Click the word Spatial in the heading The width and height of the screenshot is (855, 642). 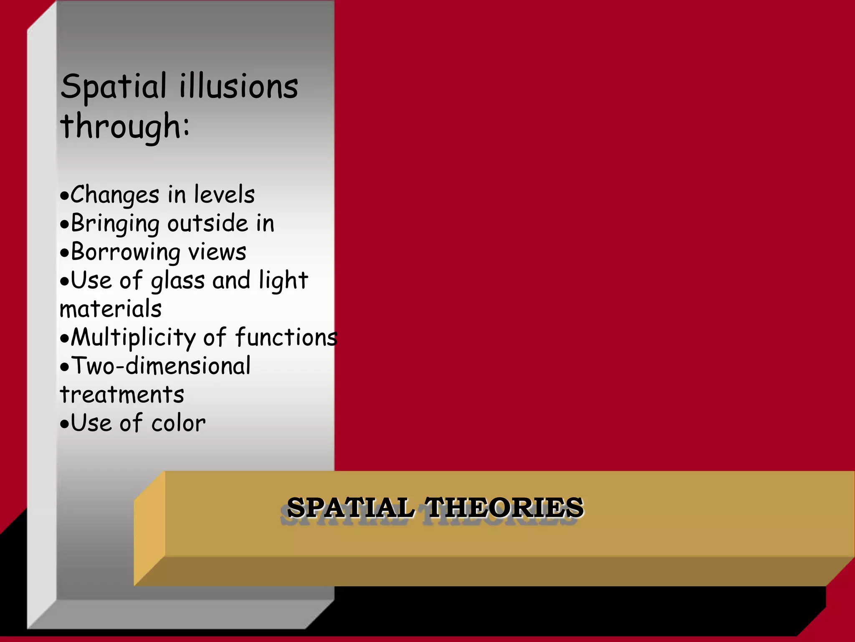coord(114,87)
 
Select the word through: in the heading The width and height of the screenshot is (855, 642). coord(125,126)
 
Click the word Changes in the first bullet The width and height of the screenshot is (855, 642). coord(115,195)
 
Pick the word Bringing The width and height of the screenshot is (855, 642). coord(115,224)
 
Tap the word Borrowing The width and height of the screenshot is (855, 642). coord(125,252)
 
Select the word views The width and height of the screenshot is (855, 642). coord(217,252)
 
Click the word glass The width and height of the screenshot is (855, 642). coord(178,281)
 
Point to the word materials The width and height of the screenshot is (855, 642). coord(111,309)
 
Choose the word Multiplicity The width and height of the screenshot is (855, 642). coord(133,338)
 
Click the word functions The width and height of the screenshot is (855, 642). coord(286,337)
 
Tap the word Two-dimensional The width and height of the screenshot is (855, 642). coord(161,366)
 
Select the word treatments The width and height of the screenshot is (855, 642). coord(122,395)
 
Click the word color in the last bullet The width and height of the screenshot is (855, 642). coord(178,423)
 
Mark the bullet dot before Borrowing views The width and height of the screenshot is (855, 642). coord(64,253)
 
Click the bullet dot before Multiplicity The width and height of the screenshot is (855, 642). coord(64,339)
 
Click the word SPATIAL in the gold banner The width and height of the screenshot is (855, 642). coord(351,507)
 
